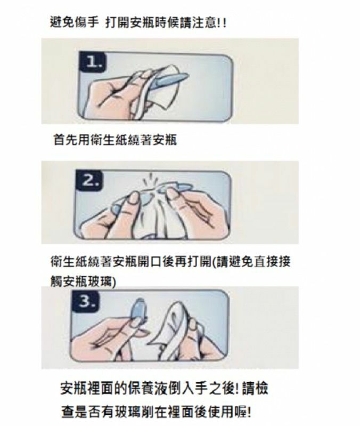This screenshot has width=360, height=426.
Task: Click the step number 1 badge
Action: point(93,62)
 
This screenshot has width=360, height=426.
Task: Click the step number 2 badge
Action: point(89,180)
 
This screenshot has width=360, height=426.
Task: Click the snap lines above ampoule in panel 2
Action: point(149,179)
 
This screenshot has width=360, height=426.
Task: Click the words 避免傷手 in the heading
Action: point(74,22)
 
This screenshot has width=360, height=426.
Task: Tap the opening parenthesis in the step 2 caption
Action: point(214,262)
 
